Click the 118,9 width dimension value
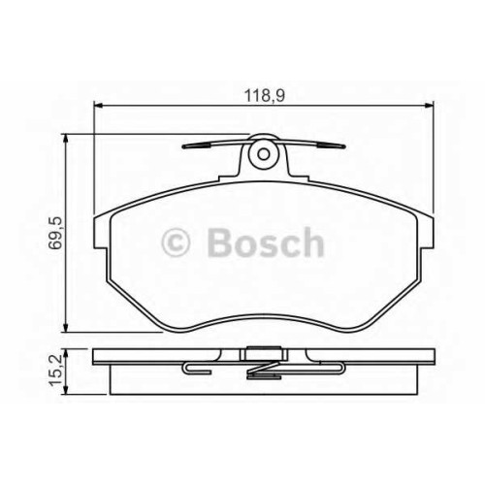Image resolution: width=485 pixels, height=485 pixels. pos(264,95)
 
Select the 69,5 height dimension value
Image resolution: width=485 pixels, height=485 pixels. pos(55,233)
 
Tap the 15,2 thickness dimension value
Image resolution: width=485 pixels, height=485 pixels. pos(55,370)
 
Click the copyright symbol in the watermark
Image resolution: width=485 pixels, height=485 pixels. pos(176,242)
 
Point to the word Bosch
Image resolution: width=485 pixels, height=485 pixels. pos(266,242)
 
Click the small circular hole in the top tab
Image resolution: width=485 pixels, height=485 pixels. pos(264,154)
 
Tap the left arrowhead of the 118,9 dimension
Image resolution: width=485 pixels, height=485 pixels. pos(98,105)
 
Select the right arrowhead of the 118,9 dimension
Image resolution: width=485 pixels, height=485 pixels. pos(429,105)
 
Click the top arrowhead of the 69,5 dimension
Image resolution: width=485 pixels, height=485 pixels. pos(66,139)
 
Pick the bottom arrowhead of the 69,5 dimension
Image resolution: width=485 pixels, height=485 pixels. pos(66,327)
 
